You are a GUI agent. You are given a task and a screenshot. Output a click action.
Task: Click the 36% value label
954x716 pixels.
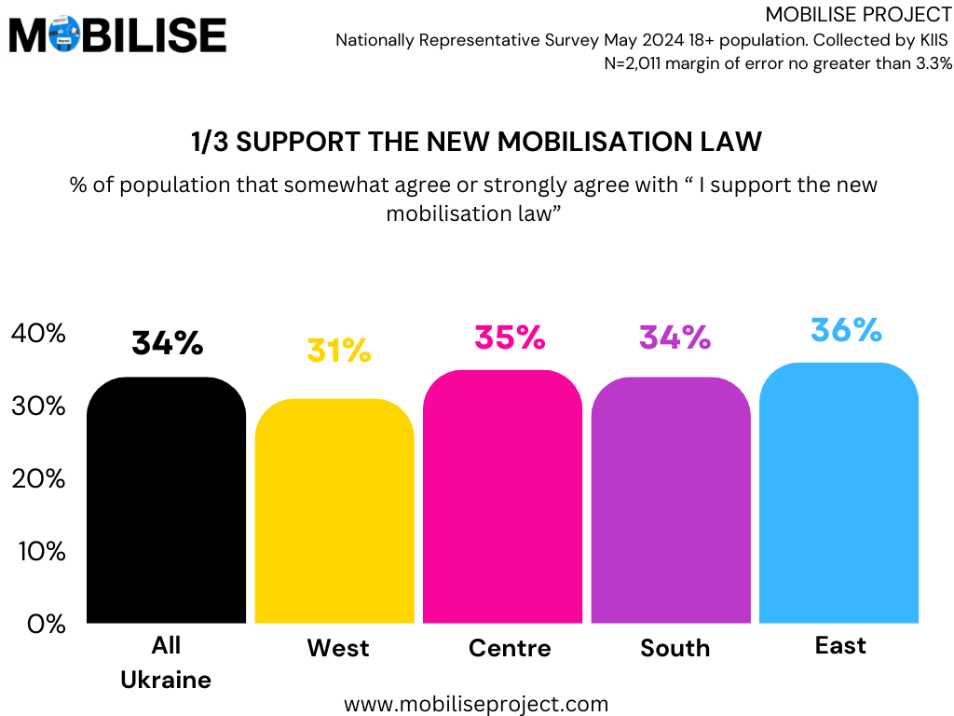pos(845,330)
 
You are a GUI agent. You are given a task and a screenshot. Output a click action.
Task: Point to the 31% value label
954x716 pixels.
pos(338,351)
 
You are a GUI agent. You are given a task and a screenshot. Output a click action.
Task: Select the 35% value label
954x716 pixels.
pos(510,337)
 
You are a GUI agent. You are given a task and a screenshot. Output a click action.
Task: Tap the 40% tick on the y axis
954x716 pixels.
pos(38,333)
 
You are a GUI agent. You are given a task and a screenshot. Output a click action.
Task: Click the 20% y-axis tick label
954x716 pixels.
pos(38,478)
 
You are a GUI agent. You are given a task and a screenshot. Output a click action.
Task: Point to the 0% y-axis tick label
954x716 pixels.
pos(46,624)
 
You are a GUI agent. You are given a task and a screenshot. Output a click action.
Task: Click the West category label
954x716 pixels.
pos(337,648)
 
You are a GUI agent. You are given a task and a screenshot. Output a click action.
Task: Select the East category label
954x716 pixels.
pos(840,645)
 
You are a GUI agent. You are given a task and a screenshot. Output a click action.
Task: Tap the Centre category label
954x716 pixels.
pos(510,648)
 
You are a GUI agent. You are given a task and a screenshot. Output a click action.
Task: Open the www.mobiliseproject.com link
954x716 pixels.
pos(476,704)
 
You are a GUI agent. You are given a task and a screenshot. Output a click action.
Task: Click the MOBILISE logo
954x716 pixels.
pos(117,35)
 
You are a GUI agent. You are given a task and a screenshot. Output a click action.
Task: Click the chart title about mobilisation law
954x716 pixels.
pos(476,142)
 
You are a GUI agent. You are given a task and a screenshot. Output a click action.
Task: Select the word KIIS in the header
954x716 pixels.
pos(931,40)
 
